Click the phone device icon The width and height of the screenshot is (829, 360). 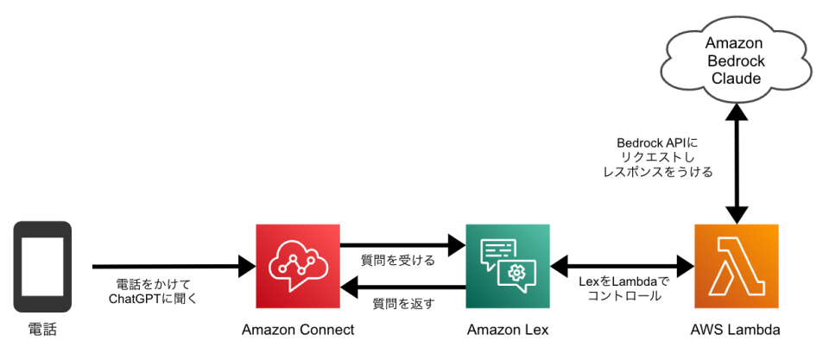[x=42, y=267]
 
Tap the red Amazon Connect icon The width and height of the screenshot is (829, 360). [x=298, y=267]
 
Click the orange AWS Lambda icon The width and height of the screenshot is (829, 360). [x=736, y=267]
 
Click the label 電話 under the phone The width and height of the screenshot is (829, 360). [x=42, y=330]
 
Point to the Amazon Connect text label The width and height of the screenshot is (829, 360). [x=298, y=330]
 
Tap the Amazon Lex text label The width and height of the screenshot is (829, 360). [x=508, y=330]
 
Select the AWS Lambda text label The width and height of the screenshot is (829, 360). [x=736, y=330]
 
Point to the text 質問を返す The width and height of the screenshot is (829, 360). [x=403, y=303]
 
